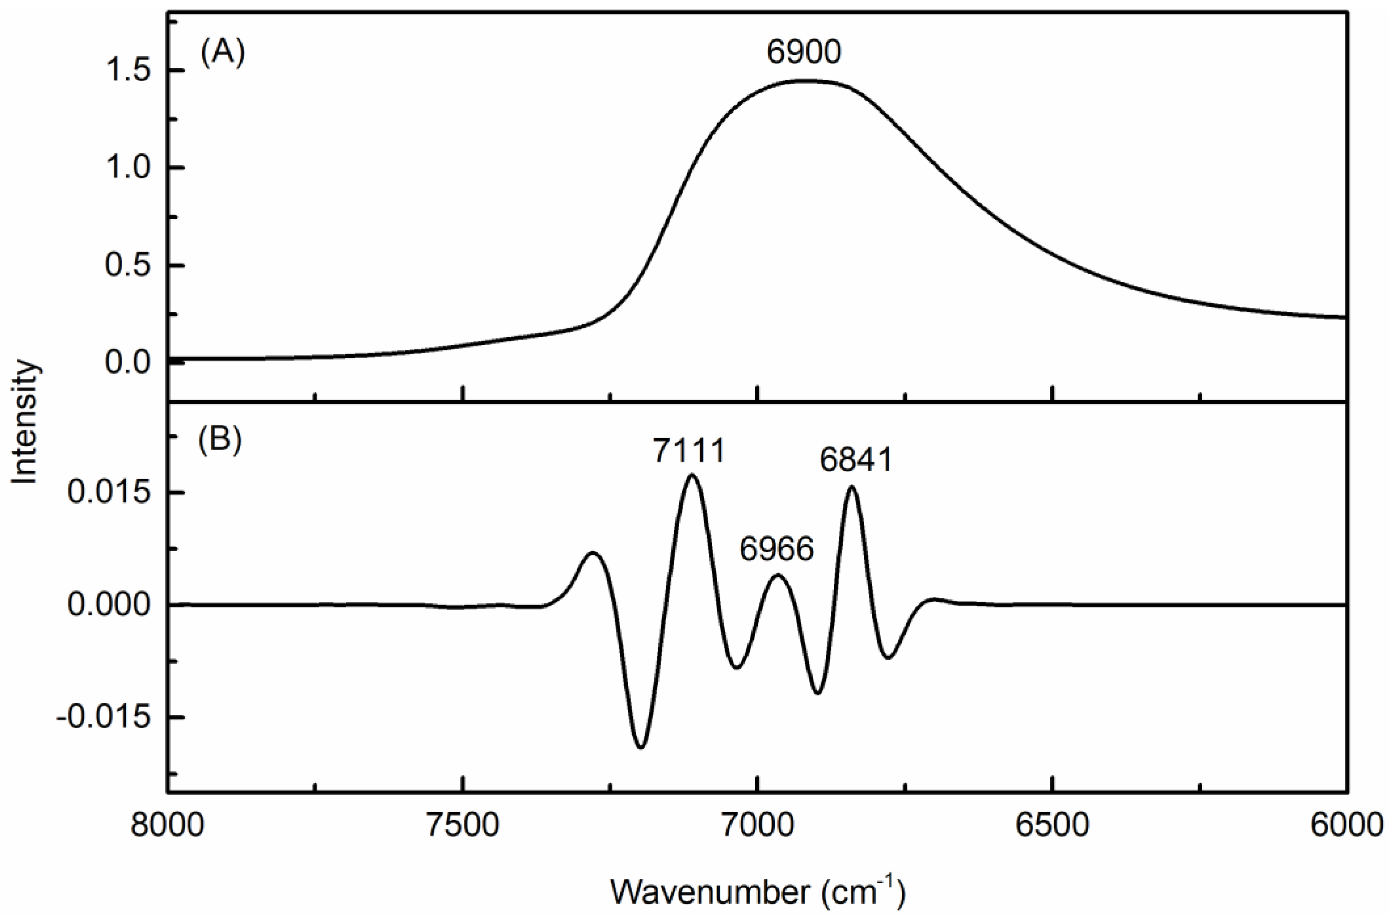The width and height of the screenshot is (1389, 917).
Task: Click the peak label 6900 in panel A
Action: coord(804,52)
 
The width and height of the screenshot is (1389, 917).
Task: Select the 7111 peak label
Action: coord(689,451)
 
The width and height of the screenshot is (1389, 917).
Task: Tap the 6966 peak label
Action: coord(777,549)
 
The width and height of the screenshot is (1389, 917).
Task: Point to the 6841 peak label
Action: coord(856,460)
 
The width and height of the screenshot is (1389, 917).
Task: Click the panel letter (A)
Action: coord(222,54)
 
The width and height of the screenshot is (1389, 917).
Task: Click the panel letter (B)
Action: coord(220,440)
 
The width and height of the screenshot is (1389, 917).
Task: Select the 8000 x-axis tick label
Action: coord(168,826)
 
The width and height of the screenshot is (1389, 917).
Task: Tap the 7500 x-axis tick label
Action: coord(463,826)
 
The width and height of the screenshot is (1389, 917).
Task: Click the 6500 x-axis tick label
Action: coord(1052,826)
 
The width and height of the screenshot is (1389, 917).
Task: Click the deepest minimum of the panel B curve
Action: coord(641,747)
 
